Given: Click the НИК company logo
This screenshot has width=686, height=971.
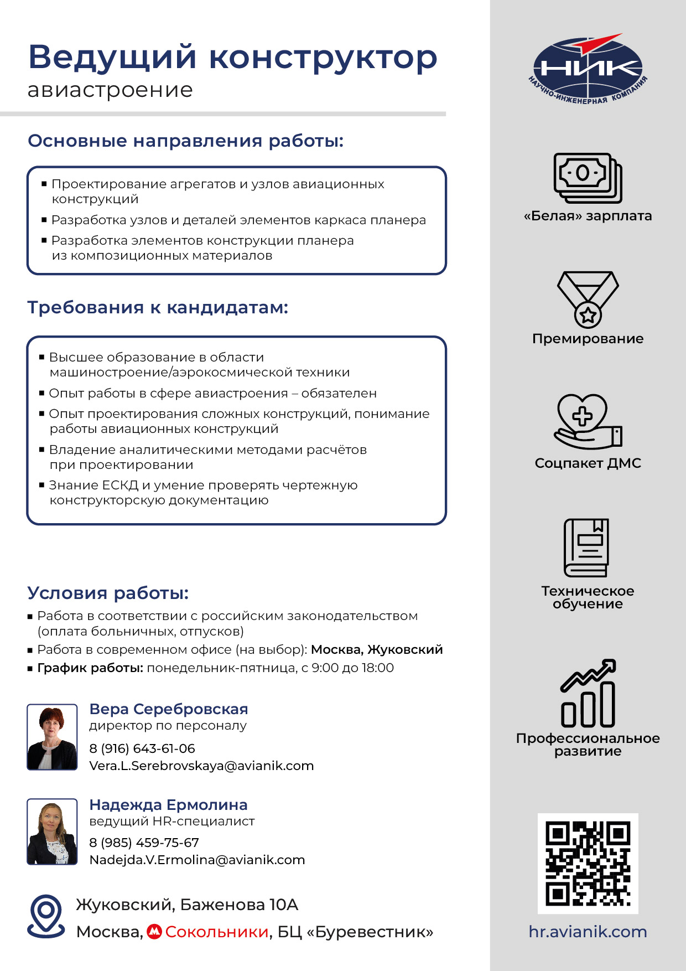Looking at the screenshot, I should click(x=588, y=69).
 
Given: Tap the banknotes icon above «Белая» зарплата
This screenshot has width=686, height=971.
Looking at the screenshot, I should click(x=588, y=178).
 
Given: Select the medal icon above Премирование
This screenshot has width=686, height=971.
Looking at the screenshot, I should click(x=588, y=299).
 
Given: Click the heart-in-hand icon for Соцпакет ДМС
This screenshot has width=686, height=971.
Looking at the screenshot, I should click(x=588, y=421).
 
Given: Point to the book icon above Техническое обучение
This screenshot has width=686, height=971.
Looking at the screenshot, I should click(x=586, y=548).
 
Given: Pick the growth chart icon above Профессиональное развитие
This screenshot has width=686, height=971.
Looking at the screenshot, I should click(x=588, y=693).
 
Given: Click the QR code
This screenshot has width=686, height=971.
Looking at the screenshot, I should click(x=588, y=863).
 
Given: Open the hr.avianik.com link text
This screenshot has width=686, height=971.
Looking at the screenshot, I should click(x=588, y=932).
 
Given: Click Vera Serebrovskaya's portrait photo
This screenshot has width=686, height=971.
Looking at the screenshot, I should click(x=52, y=737).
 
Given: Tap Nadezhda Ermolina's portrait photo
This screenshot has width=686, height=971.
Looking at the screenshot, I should click(x=52, y=831).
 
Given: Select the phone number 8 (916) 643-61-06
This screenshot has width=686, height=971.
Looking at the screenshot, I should click(x=142, y=748).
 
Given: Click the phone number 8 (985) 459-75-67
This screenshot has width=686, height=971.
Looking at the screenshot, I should click(x=144, y=843).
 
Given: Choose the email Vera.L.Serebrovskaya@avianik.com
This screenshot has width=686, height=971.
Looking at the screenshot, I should click(x=201, y=766).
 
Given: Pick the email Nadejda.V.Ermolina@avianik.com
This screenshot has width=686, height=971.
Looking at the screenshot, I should click(x=197, y=860).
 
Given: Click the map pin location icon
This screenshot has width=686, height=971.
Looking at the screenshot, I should click(x=46, y=916).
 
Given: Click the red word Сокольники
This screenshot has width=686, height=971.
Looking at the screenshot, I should click(x=216, y=932).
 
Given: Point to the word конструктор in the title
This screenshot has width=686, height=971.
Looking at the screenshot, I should click(x=323, y=58).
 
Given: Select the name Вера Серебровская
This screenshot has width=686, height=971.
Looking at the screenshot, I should click(x=169, y=709).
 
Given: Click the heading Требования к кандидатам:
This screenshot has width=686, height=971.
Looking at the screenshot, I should click(x=158, y=307).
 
